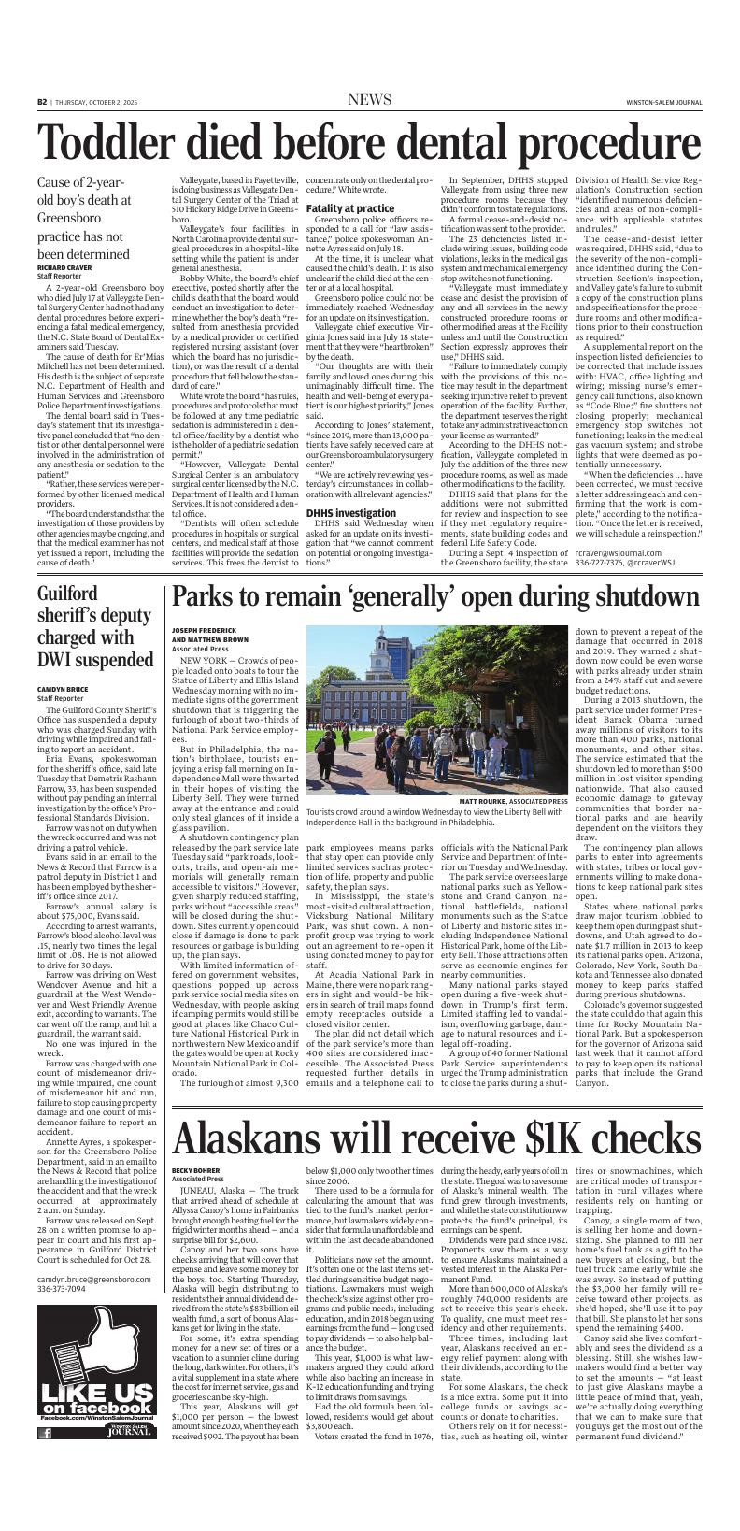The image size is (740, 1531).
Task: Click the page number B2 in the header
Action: click(43, 101)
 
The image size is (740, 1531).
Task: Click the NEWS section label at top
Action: click(369, 100)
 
